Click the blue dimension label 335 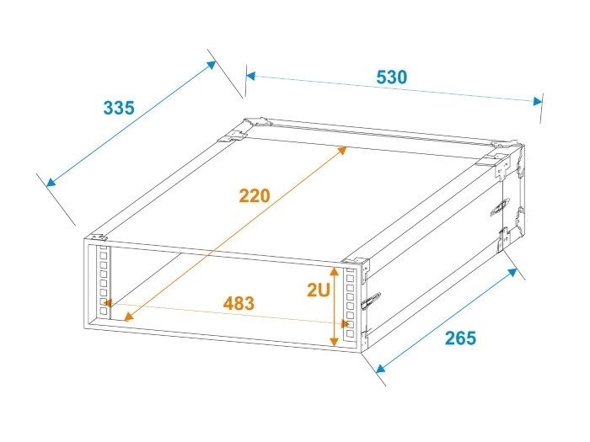(x=119, y=108)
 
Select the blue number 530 (x=391, y=77)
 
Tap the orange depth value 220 (x=254, y=196)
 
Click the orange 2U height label (x=318, y=290)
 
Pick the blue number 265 (x=460, y=338)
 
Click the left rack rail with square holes (x=104, y=283)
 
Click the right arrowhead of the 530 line (x=539, y=101)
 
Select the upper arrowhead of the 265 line (x=513, y=271)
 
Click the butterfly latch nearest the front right (x=368, y=300)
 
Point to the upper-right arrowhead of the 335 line (x=212, y=65)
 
